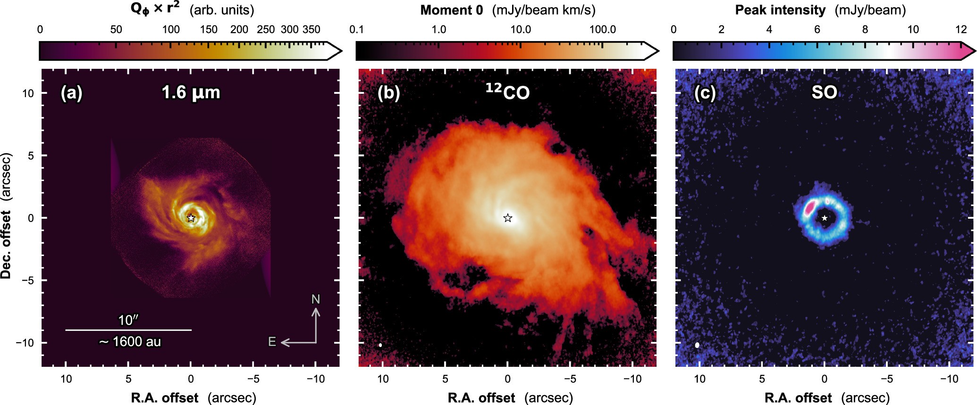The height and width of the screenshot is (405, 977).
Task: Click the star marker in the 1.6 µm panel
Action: click(x=191, y=218)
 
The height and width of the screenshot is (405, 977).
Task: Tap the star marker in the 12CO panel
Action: click(x=507, y=218)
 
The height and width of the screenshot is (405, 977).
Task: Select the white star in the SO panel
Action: click(x=824, y=218)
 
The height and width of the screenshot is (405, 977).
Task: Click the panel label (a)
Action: click(x=72, y=93)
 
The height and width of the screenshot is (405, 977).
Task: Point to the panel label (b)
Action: click(x=388, y=93)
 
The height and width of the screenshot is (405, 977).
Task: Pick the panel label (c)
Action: click(x=705, y=93)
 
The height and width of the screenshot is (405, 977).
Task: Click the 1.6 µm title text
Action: click(x=191, y=92)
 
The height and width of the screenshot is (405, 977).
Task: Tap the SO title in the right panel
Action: click(x=824, y=92)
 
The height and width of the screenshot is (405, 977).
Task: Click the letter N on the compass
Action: click(x=316, y=299)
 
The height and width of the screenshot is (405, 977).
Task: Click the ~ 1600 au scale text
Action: click(x=130, y=341)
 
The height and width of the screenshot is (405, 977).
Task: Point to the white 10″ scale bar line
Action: click(x=128, y=330)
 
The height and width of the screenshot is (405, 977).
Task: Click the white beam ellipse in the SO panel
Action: click(x=697, y=345)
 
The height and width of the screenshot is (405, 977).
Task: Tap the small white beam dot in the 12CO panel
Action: click(x=380, y=345)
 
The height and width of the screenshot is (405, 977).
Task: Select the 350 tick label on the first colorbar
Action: click(x=311, y=30)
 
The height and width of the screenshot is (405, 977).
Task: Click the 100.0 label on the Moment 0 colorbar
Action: click(x=603, y=30)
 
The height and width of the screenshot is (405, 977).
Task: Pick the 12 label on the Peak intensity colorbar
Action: click(x=961, y=30)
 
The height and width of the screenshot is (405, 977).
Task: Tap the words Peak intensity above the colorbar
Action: click(x=780, y=10)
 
